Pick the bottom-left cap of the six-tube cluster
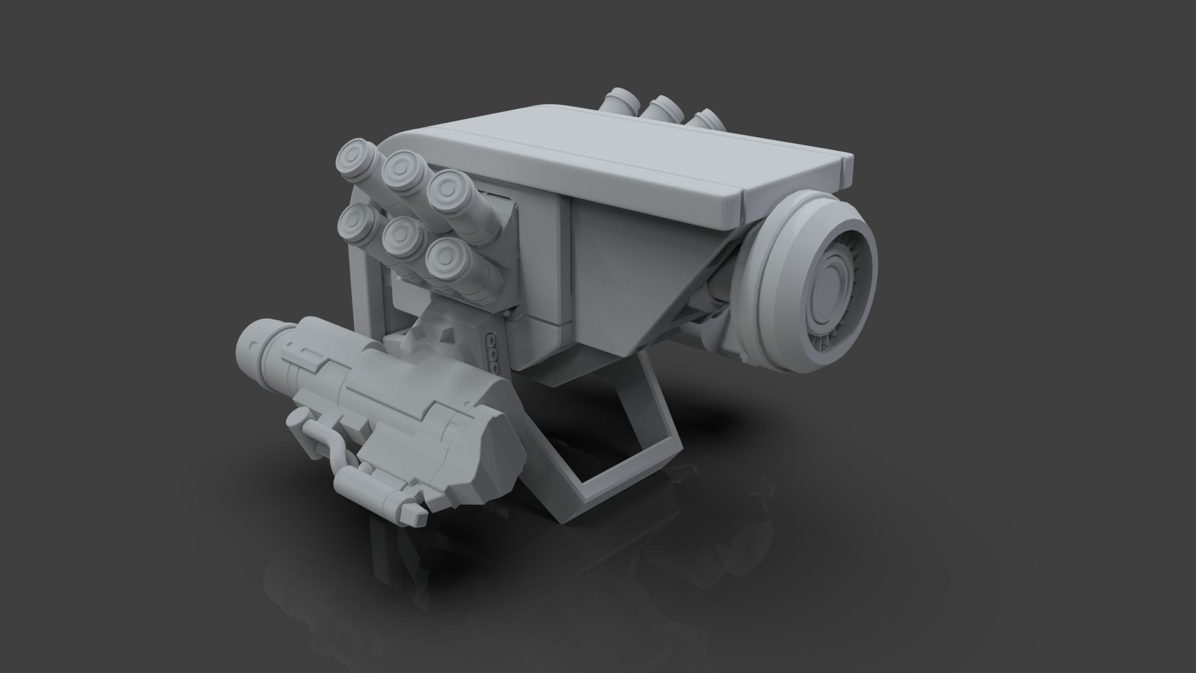point(356,221)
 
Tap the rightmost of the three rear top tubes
point(704,118)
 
